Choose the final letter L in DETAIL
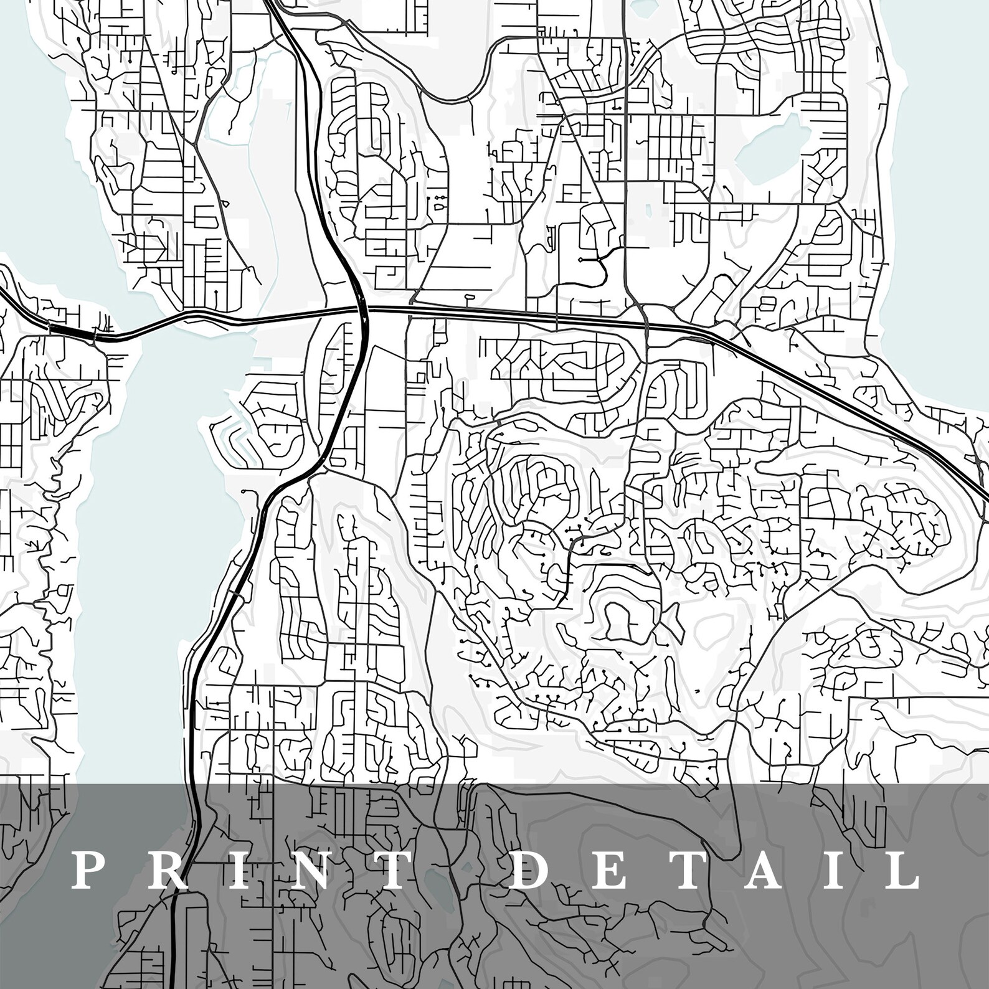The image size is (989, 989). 900,870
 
